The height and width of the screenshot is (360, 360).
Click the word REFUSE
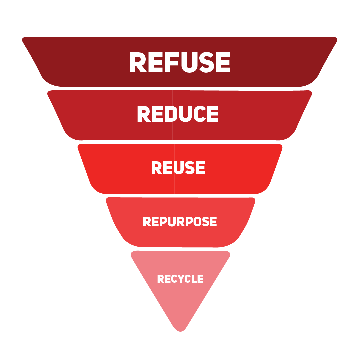point(180,62)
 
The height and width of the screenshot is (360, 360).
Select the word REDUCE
point(178,114)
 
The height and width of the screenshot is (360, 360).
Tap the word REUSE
point(178,168)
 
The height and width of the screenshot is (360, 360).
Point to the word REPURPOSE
point(180,222)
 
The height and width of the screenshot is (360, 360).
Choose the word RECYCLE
point(180,279)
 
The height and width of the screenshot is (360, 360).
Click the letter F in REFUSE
point(172,62)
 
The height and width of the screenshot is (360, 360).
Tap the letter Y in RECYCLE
point(181,279)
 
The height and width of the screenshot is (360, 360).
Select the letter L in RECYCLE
point(194,279)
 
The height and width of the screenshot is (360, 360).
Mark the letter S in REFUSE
point(207,62)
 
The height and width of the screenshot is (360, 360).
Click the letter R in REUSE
point(157,168)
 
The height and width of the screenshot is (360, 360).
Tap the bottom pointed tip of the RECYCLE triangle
point(180,332)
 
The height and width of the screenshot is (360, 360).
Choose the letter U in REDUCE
point(185,114)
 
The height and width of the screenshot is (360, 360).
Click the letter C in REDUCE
point(200,114)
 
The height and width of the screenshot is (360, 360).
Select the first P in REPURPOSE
point(163,222)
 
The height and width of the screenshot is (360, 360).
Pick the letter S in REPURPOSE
point(206,222)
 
